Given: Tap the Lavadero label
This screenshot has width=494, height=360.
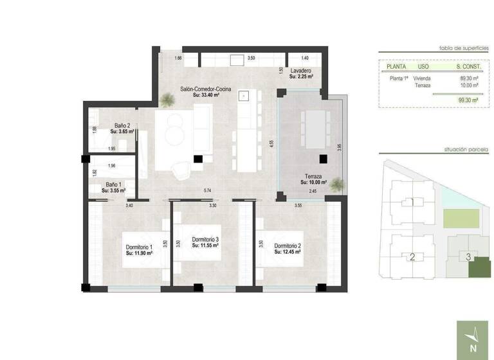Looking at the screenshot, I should [x=301, y=71].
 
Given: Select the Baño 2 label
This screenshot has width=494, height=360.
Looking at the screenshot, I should [x=122, y=126].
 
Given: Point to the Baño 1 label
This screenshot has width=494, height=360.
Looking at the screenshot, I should [x=113, y=185].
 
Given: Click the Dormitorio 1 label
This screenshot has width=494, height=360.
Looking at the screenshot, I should [x=138, y=247].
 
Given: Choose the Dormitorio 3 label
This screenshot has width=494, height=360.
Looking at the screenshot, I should [x=206, y=240].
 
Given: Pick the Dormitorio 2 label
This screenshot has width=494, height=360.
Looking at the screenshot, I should [x=288, y=246].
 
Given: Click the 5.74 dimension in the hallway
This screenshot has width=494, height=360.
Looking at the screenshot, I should [x=207, y=191].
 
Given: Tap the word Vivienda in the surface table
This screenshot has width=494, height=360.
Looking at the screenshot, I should [x=423, y=78].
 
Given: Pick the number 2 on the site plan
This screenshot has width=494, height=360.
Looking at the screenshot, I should [x=412, y=258].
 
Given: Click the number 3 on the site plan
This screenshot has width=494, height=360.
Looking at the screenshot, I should [x=470, y=257].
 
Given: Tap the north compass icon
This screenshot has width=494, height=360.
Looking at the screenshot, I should [x=474, y=339].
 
